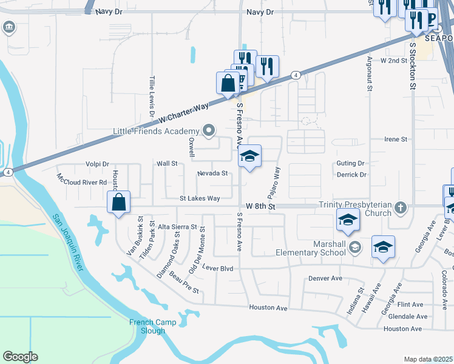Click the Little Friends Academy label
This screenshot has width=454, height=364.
click(x=157, y=131)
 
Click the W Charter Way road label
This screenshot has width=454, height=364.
click(x=183, y=113)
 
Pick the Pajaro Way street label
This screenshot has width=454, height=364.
click(x=273, y=180)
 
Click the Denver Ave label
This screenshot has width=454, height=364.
click(x=326, y=278)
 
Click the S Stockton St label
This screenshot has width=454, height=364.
click(x=412, y=66)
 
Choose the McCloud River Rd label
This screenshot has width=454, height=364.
click(x=82, y=181)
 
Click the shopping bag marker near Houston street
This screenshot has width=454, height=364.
click(x=119, y=201)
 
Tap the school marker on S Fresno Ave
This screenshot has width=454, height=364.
click(x=249, y=157)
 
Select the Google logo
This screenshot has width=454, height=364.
click(x=20, y=357)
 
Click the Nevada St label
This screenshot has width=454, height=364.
click(x=212, y=174)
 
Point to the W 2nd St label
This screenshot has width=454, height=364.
click(x=393, y=61)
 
